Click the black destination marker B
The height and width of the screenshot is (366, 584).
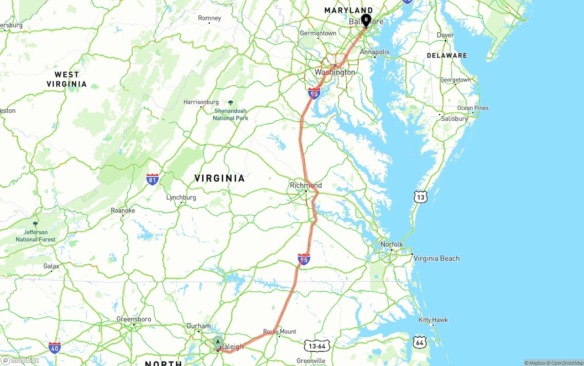click(366, 20)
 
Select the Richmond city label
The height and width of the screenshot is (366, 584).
click(306, 185)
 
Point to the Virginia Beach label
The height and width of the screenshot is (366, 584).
click(436, 258)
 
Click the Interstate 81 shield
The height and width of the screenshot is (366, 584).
click(153, 179)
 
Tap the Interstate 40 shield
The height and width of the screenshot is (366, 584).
click(54, 348)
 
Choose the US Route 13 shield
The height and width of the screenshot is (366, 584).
click(421, 197)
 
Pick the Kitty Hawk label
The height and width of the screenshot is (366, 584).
click(433, 320)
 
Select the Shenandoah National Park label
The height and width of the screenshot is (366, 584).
click(230, 114)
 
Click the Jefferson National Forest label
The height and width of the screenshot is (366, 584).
click(36, 236)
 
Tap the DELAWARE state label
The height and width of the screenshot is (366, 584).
click(447, 56)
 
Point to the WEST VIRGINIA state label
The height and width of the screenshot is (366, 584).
click(67, 79)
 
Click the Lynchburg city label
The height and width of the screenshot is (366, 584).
click(181, 197)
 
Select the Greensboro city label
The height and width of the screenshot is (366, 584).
click(134, 319)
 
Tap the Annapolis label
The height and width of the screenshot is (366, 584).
click(375, 52)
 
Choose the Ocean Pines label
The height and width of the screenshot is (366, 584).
click(473, 108)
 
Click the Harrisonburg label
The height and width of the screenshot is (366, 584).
click(201, 102)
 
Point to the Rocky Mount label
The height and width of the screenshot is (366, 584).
click(280, 331)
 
